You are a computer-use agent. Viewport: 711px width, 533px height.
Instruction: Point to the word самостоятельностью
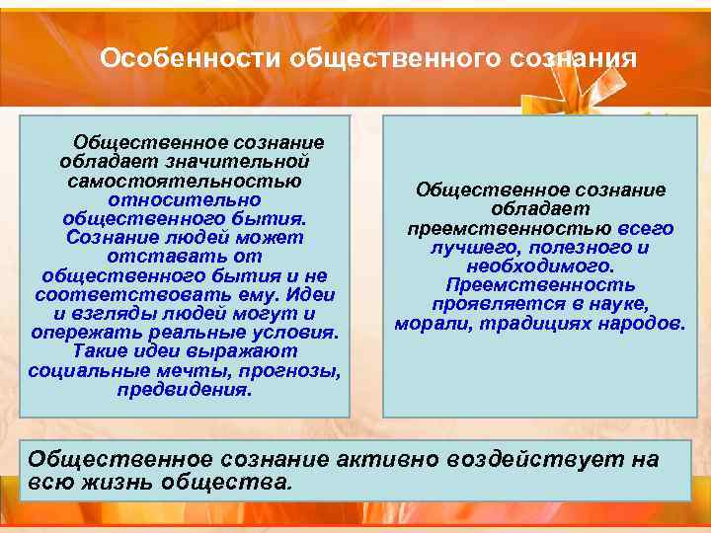click(x=185, y=181)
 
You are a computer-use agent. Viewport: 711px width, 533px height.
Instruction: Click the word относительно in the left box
click(x=185, y=199)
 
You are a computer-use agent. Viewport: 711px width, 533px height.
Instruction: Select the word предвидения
click(x=185, y=389)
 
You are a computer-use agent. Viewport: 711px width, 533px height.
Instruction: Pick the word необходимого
click(x=540, y=266)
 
